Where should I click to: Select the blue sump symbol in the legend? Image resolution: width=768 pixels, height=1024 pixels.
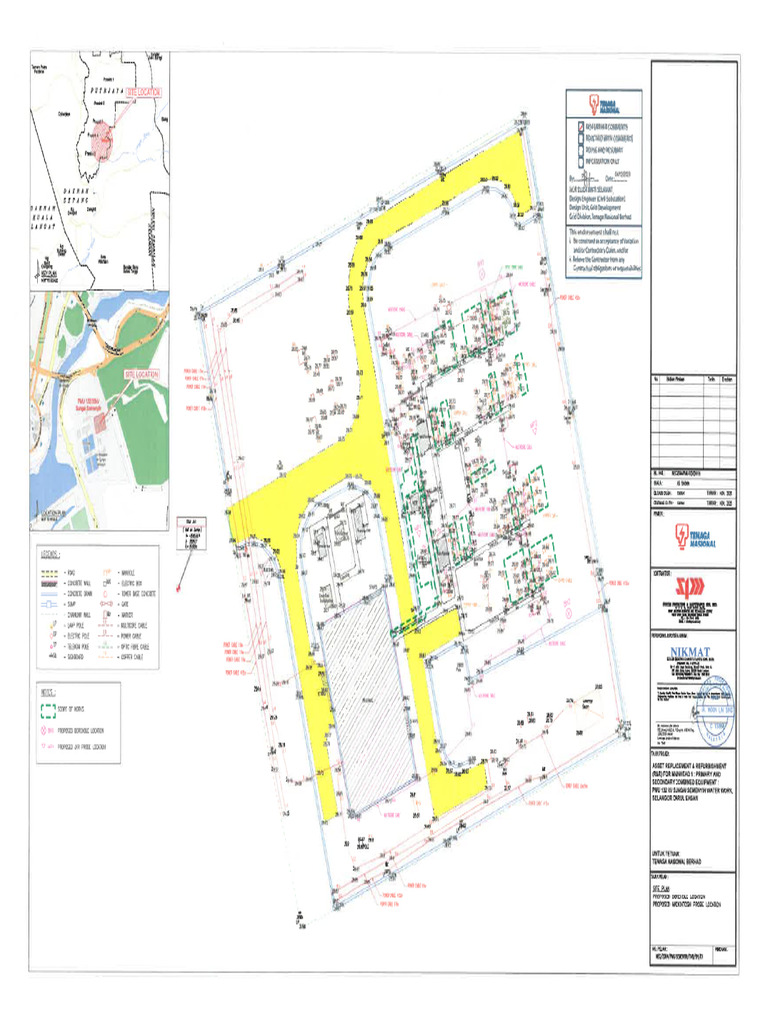(50, 591)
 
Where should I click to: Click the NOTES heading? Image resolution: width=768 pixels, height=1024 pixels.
(48, 691)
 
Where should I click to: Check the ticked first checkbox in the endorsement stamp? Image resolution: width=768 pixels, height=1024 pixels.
(580, 127)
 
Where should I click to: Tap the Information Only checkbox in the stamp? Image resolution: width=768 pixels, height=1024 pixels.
(580, 161)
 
